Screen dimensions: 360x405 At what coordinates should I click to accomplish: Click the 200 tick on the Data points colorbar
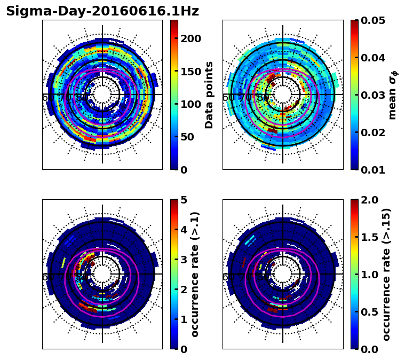[x=190, y=38]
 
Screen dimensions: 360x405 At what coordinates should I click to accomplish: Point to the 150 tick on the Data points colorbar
[x=190, y=72]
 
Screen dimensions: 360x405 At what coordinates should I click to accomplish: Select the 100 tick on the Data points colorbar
[x=190, y=104]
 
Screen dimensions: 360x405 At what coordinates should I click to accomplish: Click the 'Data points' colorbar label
[x=209, y=95]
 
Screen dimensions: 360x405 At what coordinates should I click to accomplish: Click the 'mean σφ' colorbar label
[x=393, y=95]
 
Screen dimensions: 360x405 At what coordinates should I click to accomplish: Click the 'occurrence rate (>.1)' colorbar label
[x=195, y=274]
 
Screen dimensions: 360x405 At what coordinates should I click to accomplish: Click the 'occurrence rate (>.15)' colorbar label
[x=386, y=274]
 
